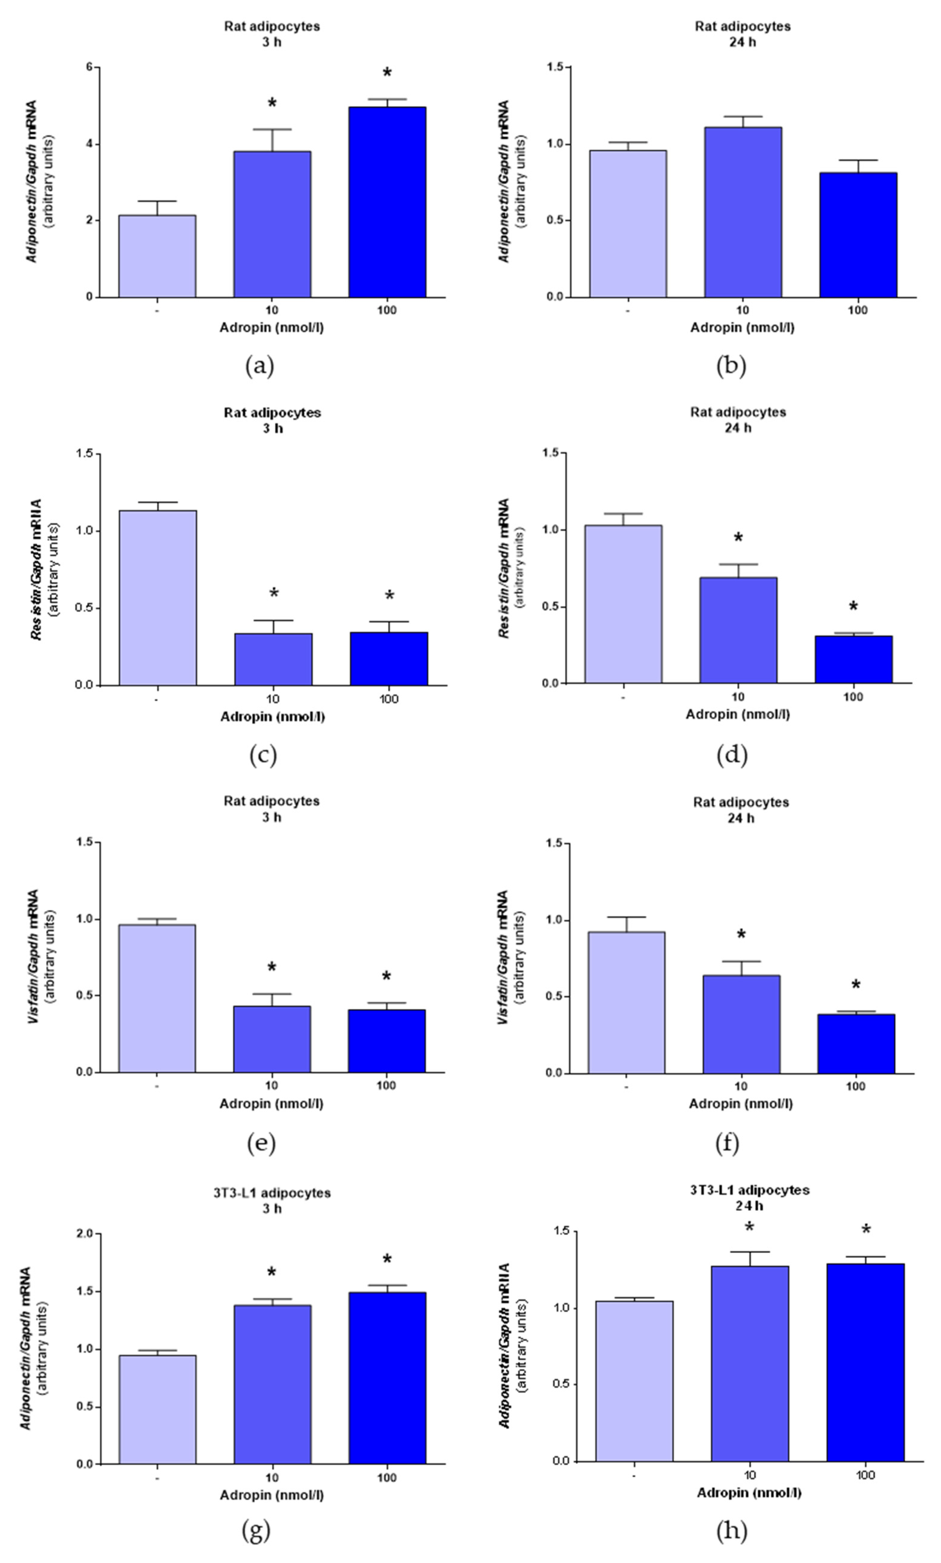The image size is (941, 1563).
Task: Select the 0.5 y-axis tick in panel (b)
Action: [556, 221]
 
